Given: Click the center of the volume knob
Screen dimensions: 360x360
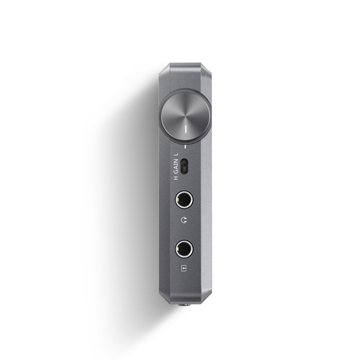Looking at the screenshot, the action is click(185, 116).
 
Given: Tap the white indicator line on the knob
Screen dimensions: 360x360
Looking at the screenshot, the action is click(186, 129).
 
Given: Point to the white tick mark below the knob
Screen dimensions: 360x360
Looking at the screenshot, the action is click(185, 146).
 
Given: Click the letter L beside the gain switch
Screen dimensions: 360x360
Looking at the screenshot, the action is click(176, 154).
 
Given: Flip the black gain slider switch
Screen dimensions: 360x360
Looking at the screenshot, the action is click(184, 166).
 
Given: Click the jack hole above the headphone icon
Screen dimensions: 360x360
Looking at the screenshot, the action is click(184, 199).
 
